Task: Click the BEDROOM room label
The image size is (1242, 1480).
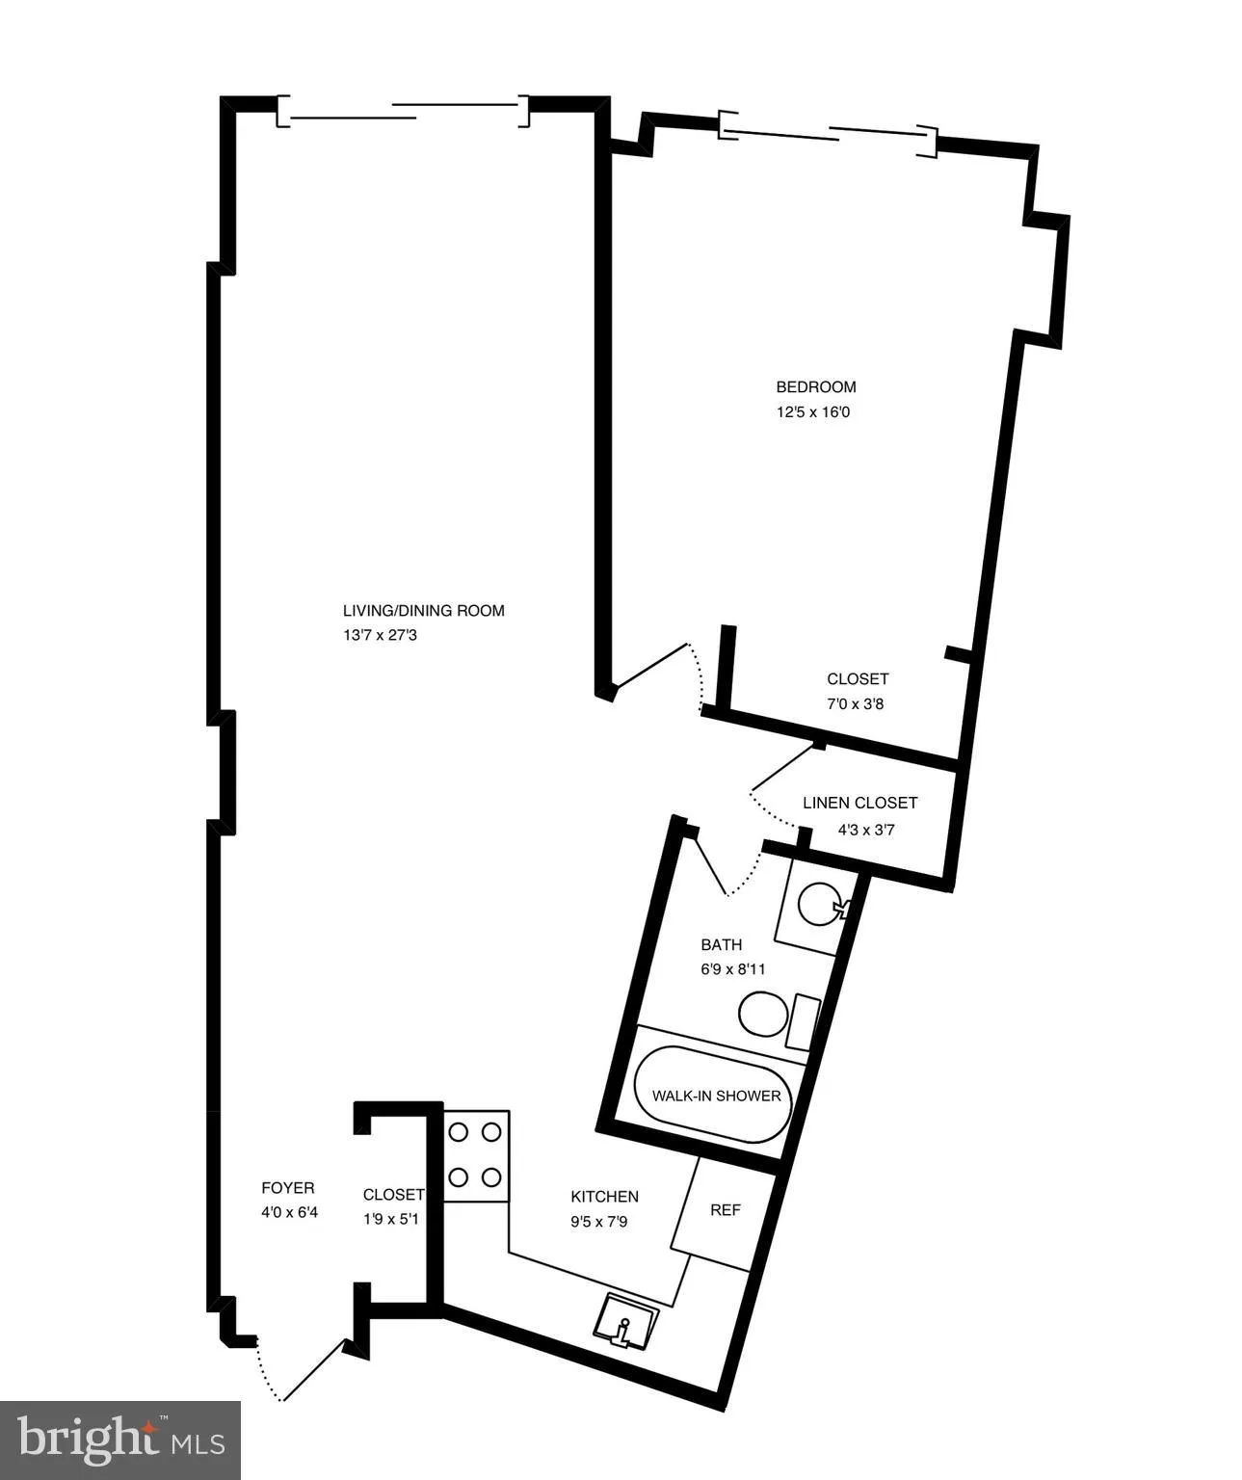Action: [x=815, y=387]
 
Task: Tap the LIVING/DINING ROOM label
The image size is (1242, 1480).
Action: [x=423, y=611]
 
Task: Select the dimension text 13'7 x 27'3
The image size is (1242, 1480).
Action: [x=380, y=636]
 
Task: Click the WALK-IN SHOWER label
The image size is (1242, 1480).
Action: [x=716, y=1097]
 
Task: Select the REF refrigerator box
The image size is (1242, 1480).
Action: [x=725, y=1210]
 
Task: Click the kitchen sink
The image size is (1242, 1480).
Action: [x=627, y=1319]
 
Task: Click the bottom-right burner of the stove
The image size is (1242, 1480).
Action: [x=492, y=1176]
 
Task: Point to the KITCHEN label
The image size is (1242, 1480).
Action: [x=604, y=1197]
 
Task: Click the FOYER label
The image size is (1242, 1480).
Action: [x=287, y=1189]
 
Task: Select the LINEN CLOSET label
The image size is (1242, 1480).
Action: [x=859, y=803]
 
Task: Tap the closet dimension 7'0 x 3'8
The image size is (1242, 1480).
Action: [x=855, y=704]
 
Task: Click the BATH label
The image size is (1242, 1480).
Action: [x=721, y=945]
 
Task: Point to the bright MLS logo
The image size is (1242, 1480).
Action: [x=120, y=1440]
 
